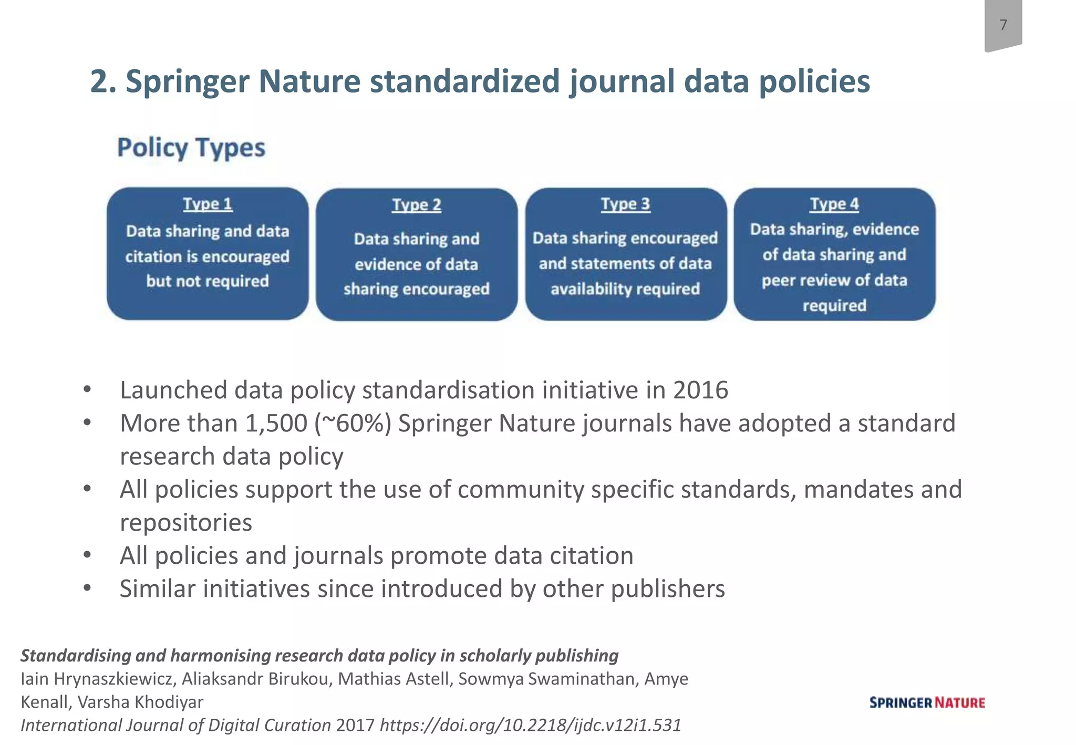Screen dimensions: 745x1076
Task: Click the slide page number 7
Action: click(1003, 25)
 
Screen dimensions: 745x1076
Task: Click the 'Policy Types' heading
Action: click(191, 148)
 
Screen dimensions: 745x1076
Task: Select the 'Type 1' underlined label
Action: click(208, 204)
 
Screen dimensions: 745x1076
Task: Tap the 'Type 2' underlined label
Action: click(416, 204)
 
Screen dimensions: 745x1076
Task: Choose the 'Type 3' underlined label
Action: click(625, 204)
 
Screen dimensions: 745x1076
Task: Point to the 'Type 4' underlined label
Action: click(834, 204)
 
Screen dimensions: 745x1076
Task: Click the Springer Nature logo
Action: click(927, 702)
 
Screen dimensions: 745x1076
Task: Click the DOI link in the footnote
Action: click(530, 725)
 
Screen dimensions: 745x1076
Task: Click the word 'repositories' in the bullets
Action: click(186, 523)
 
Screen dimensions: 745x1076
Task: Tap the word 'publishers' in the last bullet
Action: click(668, 589)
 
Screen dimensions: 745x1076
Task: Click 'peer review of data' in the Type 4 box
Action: click(834, 280)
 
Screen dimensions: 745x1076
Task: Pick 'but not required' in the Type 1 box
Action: click(208, 281)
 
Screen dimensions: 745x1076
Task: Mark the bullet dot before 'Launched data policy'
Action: click(87, 390)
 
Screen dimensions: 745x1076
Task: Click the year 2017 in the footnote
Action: click(355, 725)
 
